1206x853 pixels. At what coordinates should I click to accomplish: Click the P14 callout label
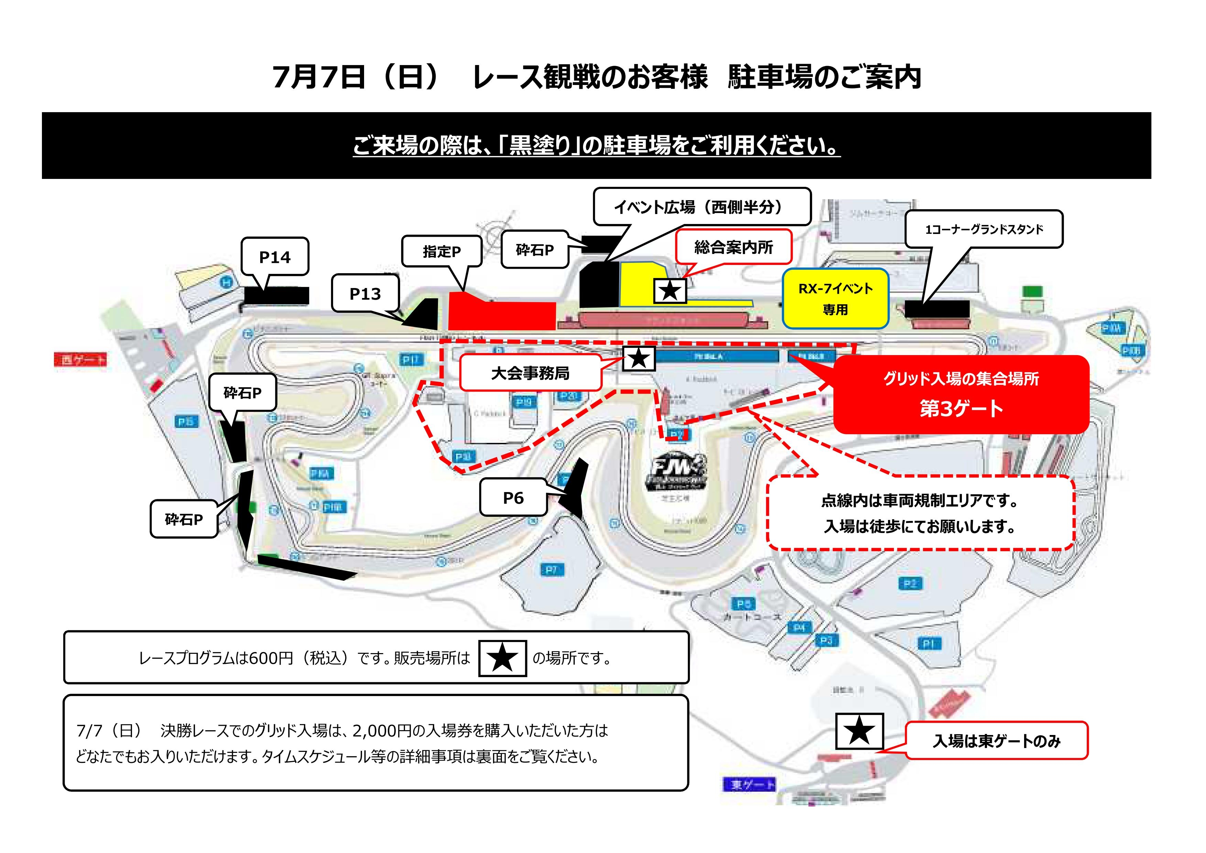(275, 257)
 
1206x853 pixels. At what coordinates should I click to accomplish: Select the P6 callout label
(513, 498)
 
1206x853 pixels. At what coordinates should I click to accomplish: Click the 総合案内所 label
(733, 247)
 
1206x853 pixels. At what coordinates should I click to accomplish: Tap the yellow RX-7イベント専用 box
(835, 299)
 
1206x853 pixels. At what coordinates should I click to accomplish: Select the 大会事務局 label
(530, 373)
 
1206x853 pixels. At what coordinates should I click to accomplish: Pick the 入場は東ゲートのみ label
(996, 740)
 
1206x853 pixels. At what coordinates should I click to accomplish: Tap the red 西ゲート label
(81, 360)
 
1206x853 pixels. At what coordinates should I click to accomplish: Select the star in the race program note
(502, 658)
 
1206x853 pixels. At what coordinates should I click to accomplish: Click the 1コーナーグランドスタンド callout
(984, 229)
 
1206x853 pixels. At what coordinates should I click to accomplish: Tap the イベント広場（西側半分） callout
(702, 207)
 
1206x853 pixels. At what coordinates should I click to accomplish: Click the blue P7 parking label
(551, 570)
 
